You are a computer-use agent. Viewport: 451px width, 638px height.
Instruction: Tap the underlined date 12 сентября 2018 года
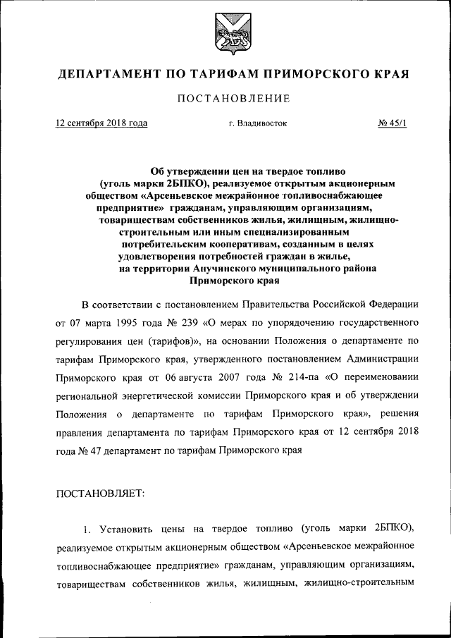click(x=101, y=123)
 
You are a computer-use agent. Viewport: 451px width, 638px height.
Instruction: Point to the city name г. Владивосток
click(x=258, y=123)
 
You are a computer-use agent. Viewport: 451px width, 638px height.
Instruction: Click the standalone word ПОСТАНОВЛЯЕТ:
click(x=100, y=493)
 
